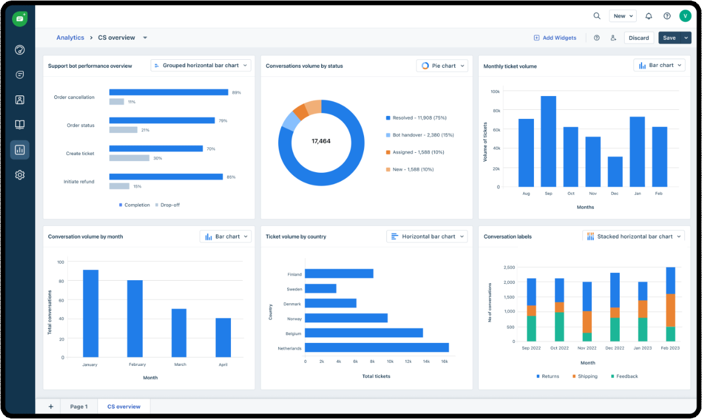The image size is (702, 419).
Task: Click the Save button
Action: click(669, 38)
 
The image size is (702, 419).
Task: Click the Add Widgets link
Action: click(555, 38)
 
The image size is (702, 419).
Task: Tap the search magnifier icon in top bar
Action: click(597, 16)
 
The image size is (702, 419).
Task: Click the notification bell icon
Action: click(649, 16)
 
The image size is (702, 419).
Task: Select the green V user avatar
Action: click(684, 16)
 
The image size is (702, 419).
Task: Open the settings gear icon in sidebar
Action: click(20, 175)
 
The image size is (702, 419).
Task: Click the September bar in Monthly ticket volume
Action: click(548, 141)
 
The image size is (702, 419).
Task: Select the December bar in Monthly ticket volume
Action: click(615, 171)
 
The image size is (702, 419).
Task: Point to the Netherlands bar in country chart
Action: click(377, 348)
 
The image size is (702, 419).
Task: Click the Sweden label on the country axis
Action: click(294, 289)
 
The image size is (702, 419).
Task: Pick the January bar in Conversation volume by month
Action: click(91, 313)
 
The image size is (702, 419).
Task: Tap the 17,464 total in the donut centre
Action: click(321, 141)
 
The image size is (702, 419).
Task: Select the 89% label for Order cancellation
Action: click(236, 92)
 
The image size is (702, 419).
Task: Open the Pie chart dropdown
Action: click(442, 66)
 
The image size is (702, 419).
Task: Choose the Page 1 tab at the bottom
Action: click(79, 407)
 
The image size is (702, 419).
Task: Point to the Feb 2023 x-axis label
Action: click(669, 348)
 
